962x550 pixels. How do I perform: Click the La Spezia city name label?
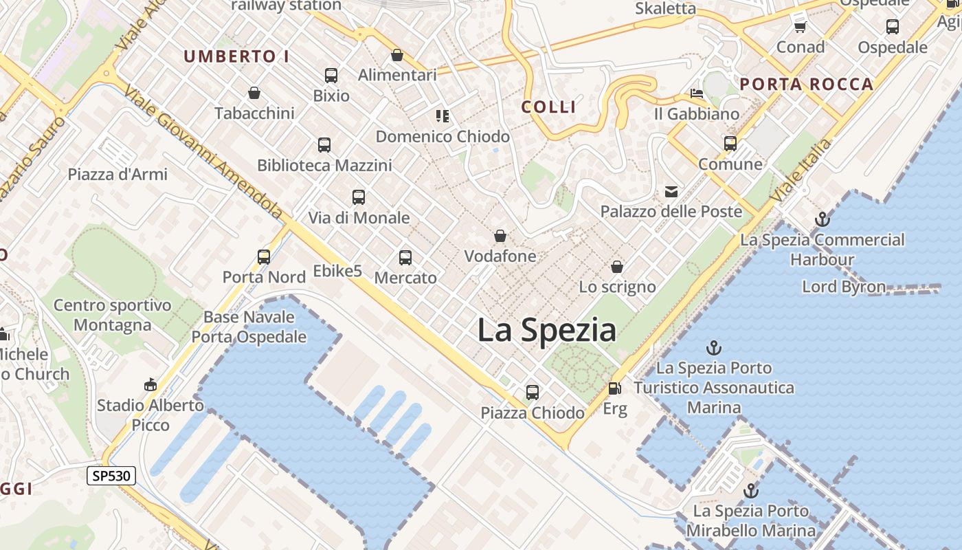pos(547,331)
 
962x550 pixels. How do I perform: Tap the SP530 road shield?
pos(111,475)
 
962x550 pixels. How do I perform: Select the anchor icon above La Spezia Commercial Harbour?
pos(822,220)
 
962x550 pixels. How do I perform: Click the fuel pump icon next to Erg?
pos(614,389)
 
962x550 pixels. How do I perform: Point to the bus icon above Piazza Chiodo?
pos(533,393)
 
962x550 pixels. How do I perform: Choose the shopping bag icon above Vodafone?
pos(500,236)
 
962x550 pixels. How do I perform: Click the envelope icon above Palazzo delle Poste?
pos(671,192)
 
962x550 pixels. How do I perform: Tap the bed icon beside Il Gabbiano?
pos(697,93)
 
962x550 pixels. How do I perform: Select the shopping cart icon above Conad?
pos(800,27)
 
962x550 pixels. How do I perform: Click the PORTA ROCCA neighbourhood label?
pos(806,85)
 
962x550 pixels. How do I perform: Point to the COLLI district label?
pos(548,107)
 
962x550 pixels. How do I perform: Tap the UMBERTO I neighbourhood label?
pos(236,57)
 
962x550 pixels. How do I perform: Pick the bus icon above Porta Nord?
pos(264,257)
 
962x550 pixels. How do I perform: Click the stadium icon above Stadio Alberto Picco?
pos(150,384)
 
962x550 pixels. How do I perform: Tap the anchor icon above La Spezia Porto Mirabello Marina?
pos(751,491)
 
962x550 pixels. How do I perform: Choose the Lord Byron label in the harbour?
pos(843,287)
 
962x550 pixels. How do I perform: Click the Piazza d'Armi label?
pos(118,174)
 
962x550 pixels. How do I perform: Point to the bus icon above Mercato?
pos(405,258)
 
